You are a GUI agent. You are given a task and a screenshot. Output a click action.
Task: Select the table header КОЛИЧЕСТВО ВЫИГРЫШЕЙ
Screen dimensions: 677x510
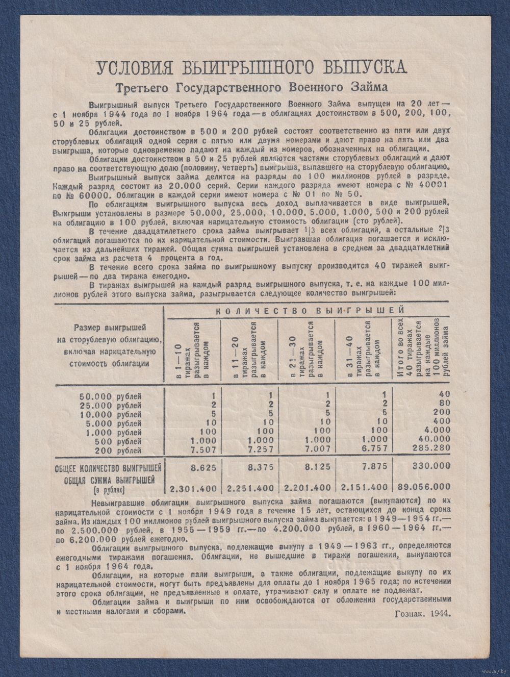coord(309,310)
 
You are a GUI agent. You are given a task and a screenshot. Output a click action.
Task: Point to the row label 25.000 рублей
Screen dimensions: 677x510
coord(108,405)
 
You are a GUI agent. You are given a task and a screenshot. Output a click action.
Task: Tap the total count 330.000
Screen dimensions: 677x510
coord(431,466)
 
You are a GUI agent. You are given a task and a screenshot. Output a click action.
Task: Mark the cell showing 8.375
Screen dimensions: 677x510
coord(260,466)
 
